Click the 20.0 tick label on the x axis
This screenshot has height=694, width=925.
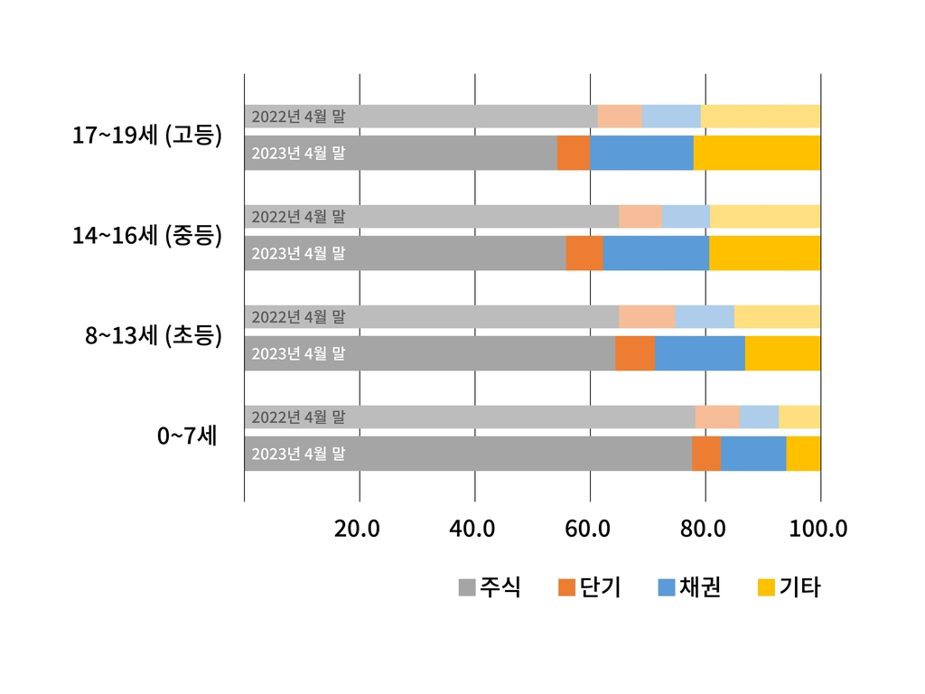click(357, 529)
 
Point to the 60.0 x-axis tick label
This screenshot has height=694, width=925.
click(588, 529)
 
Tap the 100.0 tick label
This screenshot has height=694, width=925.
click(818, 529)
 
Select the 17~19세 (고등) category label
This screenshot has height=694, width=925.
click(147, 136)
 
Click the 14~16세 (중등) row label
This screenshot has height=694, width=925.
click(147, 236)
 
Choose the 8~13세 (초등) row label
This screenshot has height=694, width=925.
click(154, 336)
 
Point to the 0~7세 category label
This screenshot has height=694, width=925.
click(187, 436)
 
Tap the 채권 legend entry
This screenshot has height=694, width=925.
click(690, 587)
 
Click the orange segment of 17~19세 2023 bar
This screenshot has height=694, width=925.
click(573, 153)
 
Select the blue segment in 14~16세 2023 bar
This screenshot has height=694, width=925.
click(656, 253)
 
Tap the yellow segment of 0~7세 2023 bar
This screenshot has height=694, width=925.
click(803, 454)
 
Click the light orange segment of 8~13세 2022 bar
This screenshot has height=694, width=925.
click(647, 316)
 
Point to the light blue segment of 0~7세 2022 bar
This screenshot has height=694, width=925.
click(759, 417)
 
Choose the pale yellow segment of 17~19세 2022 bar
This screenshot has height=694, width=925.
click(761, 116)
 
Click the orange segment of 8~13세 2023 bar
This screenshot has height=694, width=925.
click(635, 353)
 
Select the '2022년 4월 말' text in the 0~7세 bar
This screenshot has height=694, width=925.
click(298, 417)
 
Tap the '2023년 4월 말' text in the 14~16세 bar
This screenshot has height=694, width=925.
click(298, 254)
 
